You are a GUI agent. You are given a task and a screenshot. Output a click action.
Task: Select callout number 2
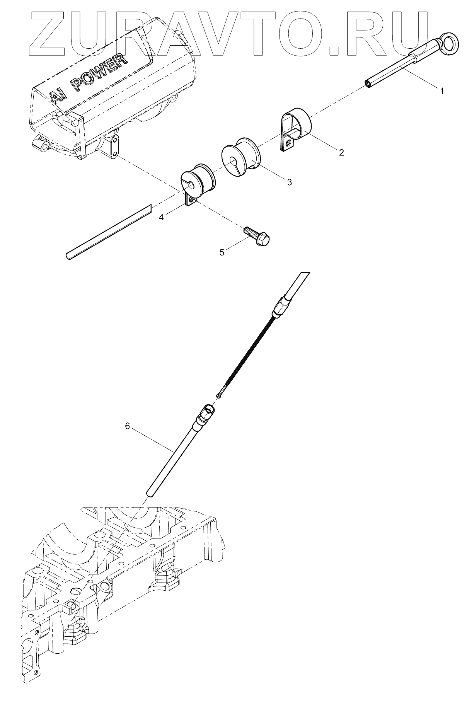point(341,152)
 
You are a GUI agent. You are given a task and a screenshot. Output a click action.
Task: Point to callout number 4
point(161,218)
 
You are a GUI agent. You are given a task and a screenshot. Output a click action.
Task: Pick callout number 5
point(222,252)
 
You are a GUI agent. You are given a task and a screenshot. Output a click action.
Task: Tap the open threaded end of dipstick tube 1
point(368,83)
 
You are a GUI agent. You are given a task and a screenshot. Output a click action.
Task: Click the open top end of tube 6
point(209,409)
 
